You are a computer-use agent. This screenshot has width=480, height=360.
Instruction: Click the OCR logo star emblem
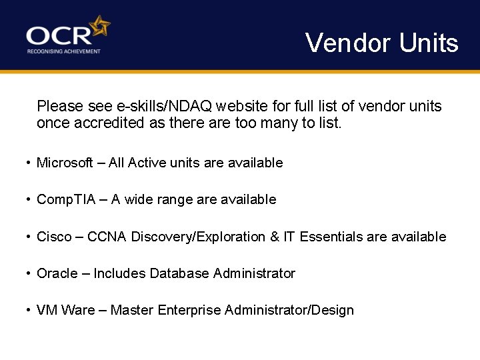(100, 27)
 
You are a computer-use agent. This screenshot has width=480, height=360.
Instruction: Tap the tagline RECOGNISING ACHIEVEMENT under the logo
(63, 51)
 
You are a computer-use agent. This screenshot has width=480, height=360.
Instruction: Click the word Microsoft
(65, 163)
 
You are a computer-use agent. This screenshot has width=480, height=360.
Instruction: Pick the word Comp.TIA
(67, 199)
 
